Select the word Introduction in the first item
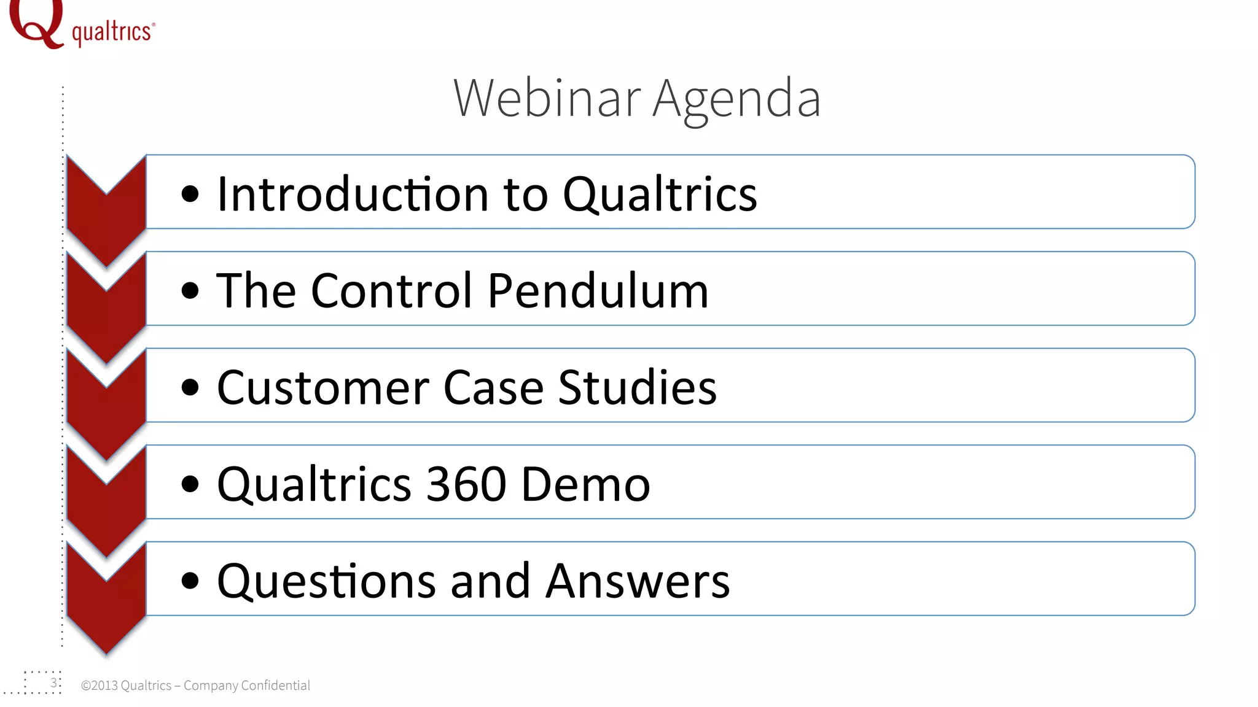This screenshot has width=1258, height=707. [x=353, y=194]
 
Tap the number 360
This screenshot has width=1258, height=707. [x=466, y=484]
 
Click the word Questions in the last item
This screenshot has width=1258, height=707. [x=326, y=581]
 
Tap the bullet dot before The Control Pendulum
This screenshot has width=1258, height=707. [x=190, y=290]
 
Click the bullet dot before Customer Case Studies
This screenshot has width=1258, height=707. [x=190, y=387]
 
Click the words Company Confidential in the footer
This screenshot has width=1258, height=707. [x=246, y=686]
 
